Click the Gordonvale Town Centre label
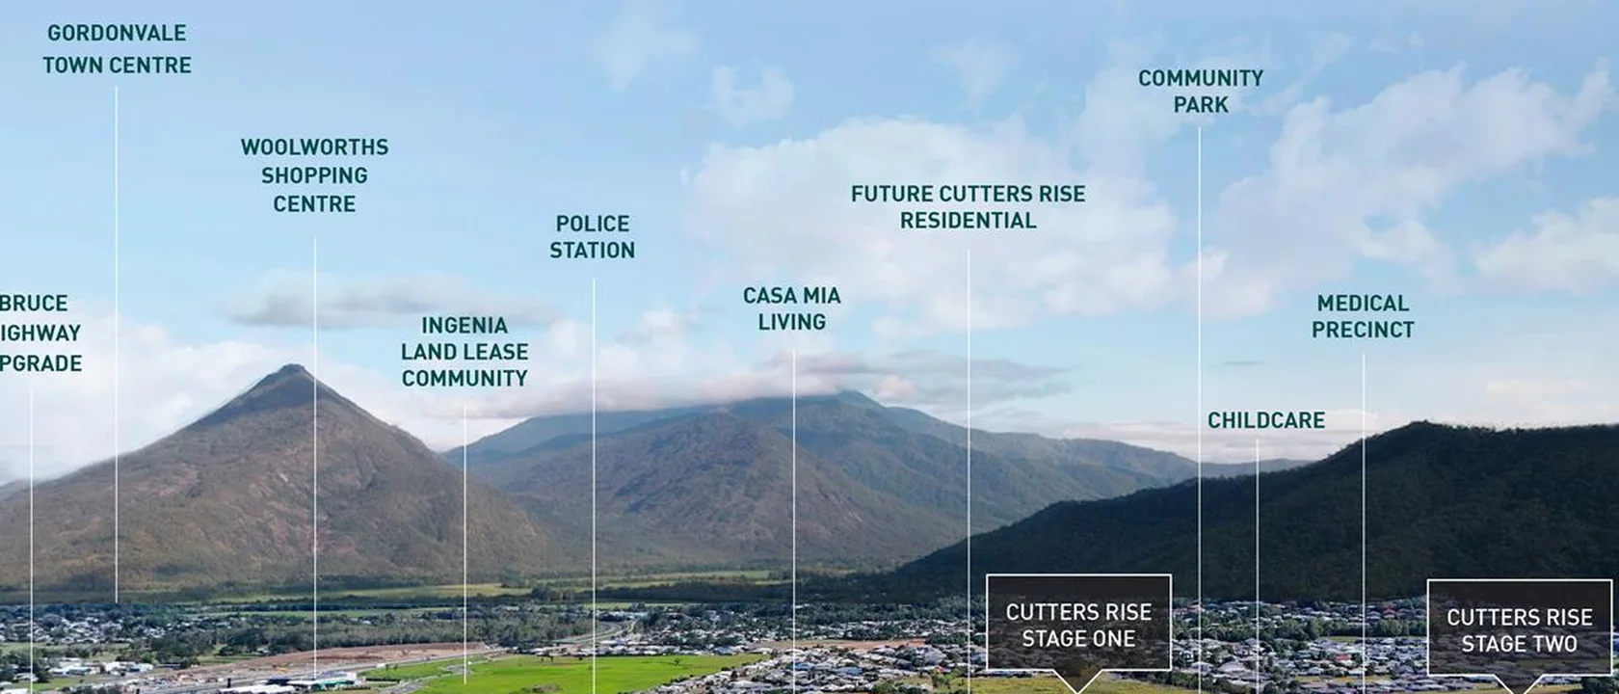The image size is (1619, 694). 117,49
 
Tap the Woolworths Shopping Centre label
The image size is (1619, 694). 314,175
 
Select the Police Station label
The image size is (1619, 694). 592,237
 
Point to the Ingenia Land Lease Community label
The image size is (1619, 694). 464,352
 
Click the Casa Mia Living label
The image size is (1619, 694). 791,308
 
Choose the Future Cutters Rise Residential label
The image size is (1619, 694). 968,207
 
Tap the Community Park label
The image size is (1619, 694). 1200,91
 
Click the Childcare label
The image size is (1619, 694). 1265,420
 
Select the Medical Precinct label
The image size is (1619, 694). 1363,316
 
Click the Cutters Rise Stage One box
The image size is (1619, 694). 1078,625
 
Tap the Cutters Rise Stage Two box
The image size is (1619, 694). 1519,630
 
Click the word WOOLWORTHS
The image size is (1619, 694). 314,147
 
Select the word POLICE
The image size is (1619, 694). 592,224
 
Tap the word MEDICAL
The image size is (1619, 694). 1363,304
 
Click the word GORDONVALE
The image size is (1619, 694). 117,33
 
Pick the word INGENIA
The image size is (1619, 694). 464,326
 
